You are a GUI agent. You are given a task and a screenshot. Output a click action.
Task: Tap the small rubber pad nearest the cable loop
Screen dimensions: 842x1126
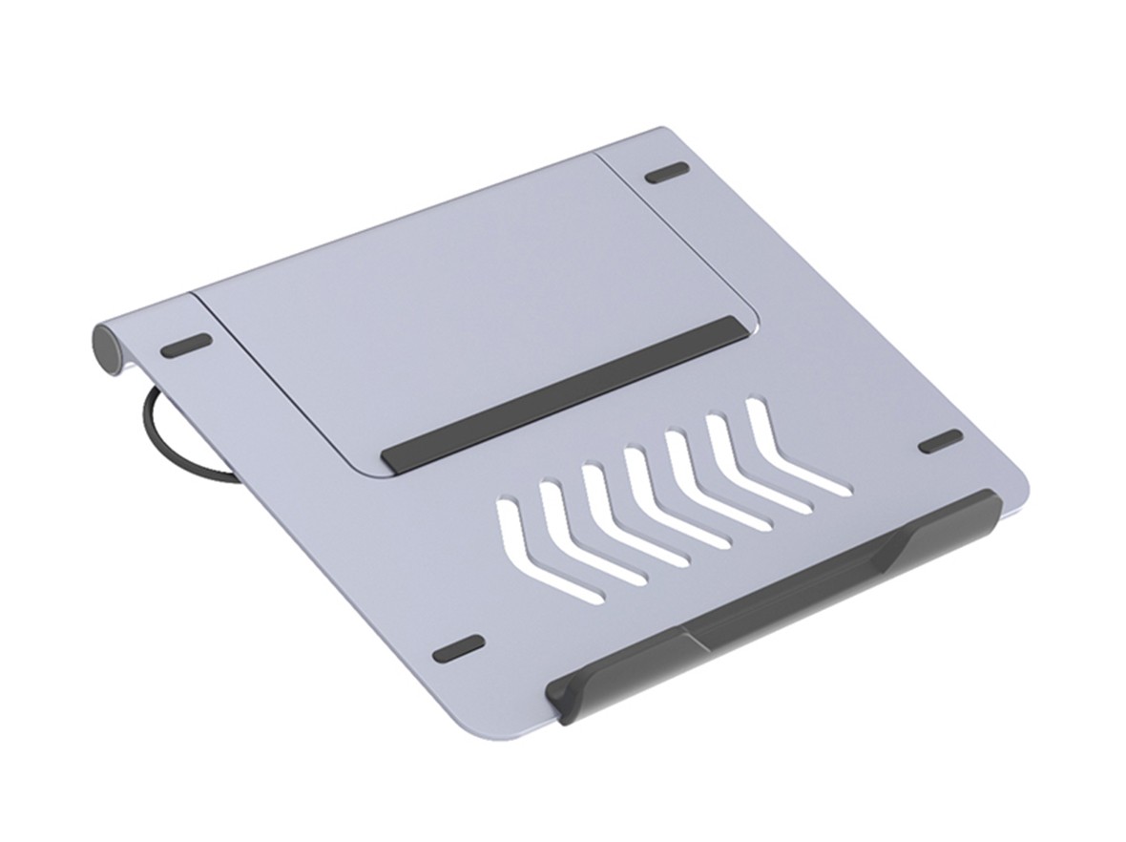[x=187, y=345]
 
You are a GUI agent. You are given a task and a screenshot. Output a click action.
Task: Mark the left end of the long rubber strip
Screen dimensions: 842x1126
[x=393, y=456]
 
